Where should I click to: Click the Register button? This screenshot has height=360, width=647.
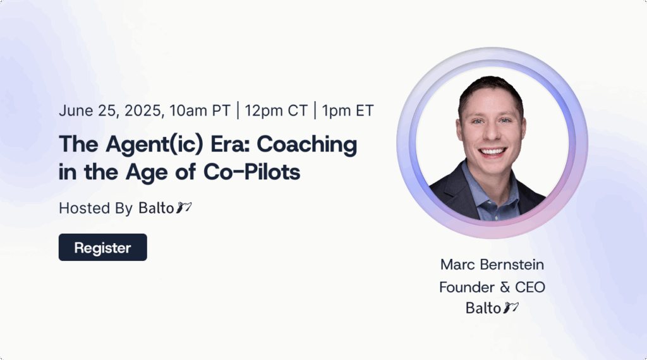[x=103, y=248]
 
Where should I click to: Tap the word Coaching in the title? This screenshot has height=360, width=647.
[x=307, y=145]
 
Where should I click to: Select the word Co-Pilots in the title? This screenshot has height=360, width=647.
[x=251, y=172]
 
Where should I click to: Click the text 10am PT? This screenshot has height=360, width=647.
[x=200, y=111]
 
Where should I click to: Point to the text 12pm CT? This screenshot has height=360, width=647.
[x=276, y=111]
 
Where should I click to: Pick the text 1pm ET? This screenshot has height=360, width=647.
[x=348, y=111]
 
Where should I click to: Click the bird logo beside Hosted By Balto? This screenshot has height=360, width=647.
[x=184, y=207]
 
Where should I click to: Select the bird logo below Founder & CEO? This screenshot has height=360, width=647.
[x=511, y=308]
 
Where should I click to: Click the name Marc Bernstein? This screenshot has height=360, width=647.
[x=492, y=265]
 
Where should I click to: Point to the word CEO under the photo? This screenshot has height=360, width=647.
[x=530, y=287]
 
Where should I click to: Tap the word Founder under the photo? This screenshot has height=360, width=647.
[x=467, y=287]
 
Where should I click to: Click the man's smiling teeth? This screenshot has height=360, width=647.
[x=492, y=152]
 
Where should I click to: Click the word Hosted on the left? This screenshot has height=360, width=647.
[x=85, y=208]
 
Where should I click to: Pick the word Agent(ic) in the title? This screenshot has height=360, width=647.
[x=154, y=145]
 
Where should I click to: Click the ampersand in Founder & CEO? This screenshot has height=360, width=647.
[x=505, y=287]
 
